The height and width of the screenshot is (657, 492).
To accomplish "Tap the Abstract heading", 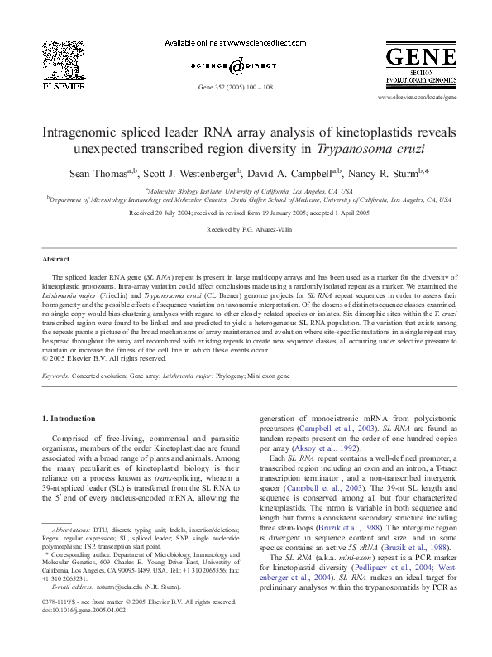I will click(x=55, y=259).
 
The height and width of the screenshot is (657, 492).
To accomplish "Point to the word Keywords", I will click(x=56, y=376).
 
